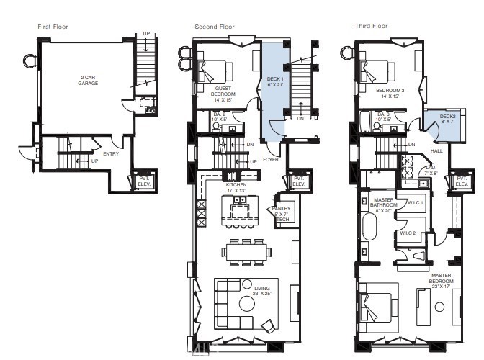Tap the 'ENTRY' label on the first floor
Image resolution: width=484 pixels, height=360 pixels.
pyautogui.click(x=111, y=153)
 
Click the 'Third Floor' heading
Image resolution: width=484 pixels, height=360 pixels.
pyautogui.click(x=371, y=27)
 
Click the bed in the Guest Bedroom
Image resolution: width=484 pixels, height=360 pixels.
pyautogui.click(x=217, y=71)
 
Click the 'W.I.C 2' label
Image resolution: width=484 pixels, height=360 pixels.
pyautogui.click(x=408, y=234)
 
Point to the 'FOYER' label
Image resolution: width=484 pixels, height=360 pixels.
pyautogui.click(x=271, y=159)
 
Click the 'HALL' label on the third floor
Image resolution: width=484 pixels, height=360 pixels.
pyautogui.click(x=437, y=151)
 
